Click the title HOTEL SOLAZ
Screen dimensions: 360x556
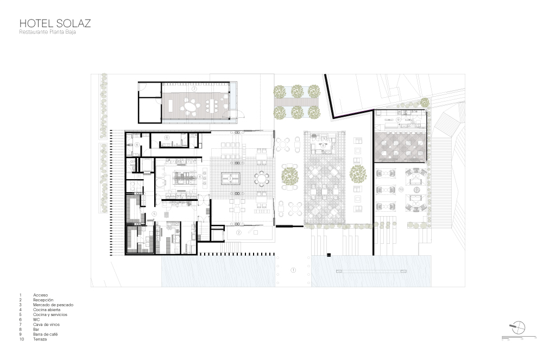click(x=55, y=23)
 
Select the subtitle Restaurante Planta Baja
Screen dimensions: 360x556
click(x=52, y=33)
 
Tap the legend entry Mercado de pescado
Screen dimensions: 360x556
click(x=53, y=305)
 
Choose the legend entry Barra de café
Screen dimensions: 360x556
click(x=47, y=334)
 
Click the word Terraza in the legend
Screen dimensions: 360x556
click(x=42, y=339)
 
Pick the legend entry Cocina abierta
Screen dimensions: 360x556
click(x=48, y=310)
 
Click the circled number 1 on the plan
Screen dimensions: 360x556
click(x=293, y=270)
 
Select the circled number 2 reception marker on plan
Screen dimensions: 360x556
click(x=239, y=232)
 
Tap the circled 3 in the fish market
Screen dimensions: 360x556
click(x=230, y=178)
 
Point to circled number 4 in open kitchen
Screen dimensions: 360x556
click(x=200, y=176)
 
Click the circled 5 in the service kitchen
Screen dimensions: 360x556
click(x=155, y=214)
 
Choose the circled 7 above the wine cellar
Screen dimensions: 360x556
click(x=193, y=89)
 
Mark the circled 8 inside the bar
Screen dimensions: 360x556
click(x=323, y=146)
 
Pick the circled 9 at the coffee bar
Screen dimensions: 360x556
click(x=397, y=119)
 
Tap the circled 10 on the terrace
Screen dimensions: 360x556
click(x=401, y=190)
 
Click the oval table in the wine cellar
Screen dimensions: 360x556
click(x=192, y=108)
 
